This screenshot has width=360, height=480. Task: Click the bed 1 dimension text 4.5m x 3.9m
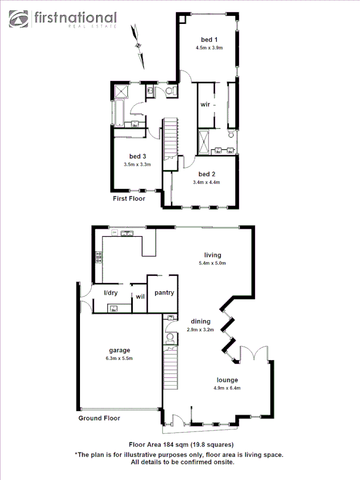(209, 48)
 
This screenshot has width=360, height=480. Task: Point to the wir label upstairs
(205, 105)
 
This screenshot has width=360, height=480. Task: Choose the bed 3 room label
(138, 156)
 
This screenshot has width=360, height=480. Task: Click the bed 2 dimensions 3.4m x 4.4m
(206, 182)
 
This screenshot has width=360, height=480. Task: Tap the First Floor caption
(129, 198)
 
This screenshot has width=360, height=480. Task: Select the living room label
(212, 255)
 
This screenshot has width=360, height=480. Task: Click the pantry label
(162, 293)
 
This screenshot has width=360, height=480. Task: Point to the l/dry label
(110, 293)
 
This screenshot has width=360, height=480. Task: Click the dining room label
(201, 322)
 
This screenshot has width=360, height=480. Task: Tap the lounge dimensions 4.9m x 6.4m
(227, 388)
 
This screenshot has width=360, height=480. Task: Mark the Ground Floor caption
(99, 418)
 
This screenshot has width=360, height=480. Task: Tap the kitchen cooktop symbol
(99, 259)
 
